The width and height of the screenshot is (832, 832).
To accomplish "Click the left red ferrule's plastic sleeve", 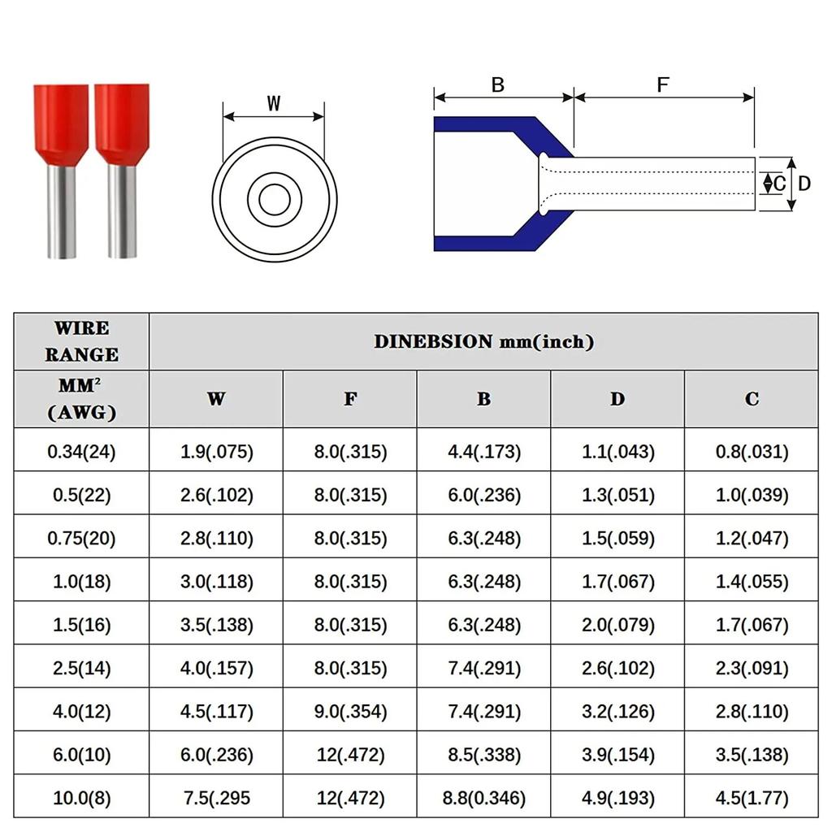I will (61, 122).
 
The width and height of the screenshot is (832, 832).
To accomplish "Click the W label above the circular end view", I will (274, 104).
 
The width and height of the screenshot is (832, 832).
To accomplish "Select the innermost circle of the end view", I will (275, 200).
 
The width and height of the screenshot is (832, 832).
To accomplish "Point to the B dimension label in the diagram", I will (498, 84).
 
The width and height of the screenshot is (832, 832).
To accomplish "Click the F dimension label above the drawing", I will (663, 84).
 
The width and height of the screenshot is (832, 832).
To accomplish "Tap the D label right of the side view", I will (804, 184).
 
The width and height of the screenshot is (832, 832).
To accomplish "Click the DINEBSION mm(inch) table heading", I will (483, 342).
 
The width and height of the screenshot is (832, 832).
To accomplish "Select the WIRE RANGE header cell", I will (81, 341).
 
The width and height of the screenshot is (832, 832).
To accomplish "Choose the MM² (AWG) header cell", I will (81, 399).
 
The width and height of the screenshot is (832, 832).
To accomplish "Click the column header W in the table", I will (216, 399).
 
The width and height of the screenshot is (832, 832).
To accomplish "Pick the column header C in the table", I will (752, 399).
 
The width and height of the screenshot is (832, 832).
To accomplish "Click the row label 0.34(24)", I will (81, 452).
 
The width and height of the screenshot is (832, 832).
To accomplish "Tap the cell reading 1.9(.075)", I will (216, 452).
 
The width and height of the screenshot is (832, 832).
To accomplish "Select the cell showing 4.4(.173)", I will (484, 452).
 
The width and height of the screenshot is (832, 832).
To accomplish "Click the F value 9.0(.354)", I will (350, 712).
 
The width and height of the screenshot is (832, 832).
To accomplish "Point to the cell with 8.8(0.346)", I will (484, 798).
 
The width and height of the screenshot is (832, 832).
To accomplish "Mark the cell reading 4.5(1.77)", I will (752, 798).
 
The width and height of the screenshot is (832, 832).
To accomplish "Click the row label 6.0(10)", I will (81, 755).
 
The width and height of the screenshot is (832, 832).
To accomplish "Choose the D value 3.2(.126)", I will (617, 712).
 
